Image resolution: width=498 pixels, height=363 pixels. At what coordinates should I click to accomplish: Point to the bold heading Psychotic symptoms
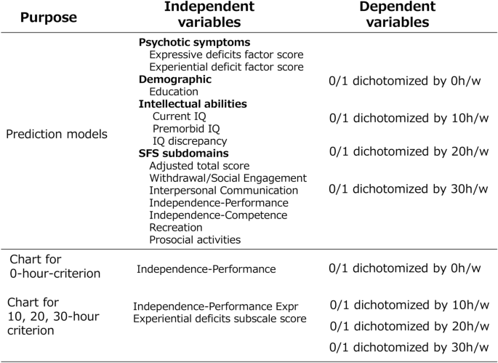click(x=194, y=42)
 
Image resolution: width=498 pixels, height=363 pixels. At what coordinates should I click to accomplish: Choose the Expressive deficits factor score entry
click(x=226, y=55)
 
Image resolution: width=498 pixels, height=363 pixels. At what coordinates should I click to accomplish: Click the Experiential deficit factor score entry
click(x=227, y=67)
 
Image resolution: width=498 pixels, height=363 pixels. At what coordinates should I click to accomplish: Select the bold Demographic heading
click(x=175, y=79)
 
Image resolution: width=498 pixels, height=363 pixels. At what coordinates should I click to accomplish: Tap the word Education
click(x=174, y=92)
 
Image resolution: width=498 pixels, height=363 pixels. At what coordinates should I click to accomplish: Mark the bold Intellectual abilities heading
click(x=193, y=104)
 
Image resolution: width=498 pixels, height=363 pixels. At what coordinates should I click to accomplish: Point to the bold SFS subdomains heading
click(x=184, y=153)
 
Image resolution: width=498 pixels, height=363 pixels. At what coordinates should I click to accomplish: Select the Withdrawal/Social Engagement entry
click(x=228, y=178)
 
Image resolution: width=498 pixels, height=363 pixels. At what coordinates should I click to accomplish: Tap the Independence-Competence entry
click(x=218, y=215)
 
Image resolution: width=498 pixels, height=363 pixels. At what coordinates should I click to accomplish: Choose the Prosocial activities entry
click(x=195, y=240)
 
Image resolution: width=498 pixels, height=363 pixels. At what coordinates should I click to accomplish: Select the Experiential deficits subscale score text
click(x=220, y=319)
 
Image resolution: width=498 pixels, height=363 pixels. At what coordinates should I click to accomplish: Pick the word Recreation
click(x=175, y=228)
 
